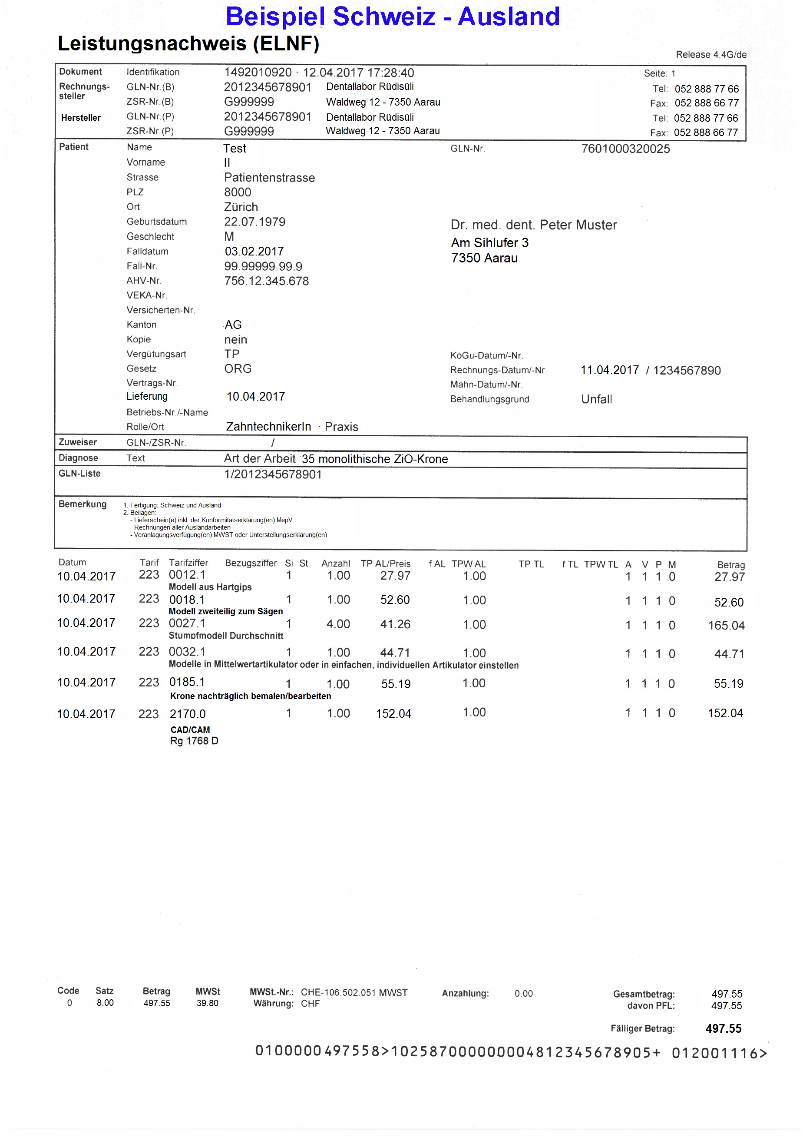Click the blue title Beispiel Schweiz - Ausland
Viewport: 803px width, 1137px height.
(x=392, y=17)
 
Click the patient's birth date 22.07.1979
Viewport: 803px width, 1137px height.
(x=254, y=222)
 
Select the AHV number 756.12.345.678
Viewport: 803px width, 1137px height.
(x=266, y=281)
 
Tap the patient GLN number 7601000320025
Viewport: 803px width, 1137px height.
(x=625, y=149)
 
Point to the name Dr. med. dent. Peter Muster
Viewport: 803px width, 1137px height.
(x=533, y=225)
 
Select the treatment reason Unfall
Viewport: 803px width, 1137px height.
(x=596, y=400)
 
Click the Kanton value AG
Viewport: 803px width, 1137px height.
(x=233, y=325)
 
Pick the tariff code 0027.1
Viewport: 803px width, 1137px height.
(x=187, y=623)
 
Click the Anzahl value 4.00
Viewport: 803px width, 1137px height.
(x=338, y=624)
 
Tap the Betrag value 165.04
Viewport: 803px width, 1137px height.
(x=726, y=626)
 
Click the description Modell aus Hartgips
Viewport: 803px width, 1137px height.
(x=210, y=587)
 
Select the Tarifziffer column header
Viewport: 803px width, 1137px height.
(x=188, y=563)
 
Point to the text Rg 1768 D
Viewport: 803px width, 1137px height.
(x=194, y=741)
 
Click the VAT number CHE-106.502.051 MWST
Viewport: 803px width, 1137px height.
(x=354, y=993)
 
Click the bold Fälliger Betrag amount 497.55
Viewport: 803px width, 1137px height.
(x=723, y=1029)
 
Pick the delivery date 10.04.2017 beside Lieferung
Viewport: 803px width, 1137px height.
(x=255, y=397)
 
